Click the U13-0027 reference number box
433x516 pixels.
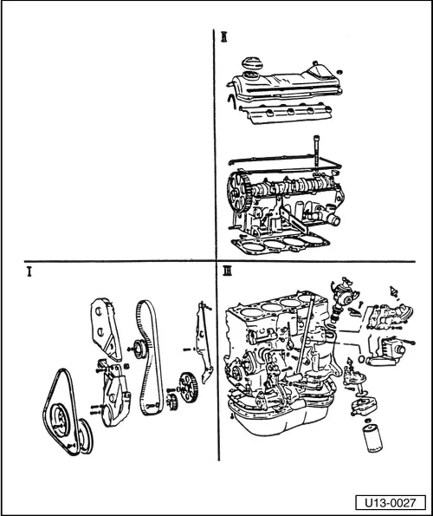[x=391, y=502]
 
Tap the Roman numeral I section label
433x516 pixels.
[x=29, y=271]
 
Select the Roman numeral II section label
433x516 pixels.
[x=224, y=36]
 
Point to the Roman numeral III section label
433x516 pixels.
[x=227, y=271]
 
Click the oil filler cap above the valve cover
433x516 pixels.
[x=252, y=62]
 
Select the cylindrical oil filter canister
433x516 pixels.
[x=372, y=439]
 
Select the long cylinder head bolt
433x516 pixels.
[x=316, y=154]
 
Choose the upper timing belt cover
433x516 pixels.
[x=106, y=328]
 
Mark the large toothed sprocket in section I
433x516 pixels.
[x=188, y=387]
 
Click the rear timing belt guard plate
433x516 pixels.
[x=204, y=343]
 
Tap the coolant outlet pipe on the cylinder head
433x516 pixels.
[x=332, y=219]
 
